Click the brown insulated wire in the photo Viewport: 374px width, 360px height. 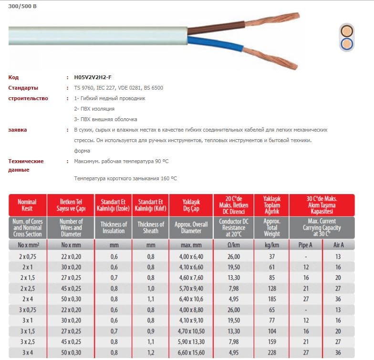click(x=215, y=29)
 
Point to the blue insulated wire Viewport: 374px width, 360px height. click(x=215, y=44)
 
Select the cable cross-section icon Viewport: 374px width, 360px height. click(x=347, y=37)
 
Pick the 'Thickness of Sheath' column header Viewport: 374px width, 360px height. click(x=151, y=227)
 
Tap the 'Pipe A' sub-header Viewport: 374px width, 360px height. click(x=306, y=245)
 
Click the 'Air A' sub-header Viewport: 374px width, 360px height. click(x=338, y=245)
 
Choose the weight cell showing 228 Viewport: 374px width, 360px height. click(x=271, y=352)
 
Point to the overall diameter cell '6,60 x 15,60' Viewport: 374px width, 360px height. click(x=188, y=352)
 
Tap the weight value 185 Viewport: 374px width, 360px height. click(x=271, y=299)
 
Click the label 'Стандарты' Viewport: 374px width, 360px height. click(x=23, y=88)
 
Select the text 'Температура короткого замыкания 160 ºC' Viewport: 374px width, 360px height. click(x=125, y=178)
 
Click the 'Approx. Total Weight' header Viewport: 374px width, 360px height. click(x=271, y=227)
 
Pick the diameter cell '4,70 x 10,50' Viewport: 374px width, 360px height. click(x=188, y=331)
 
